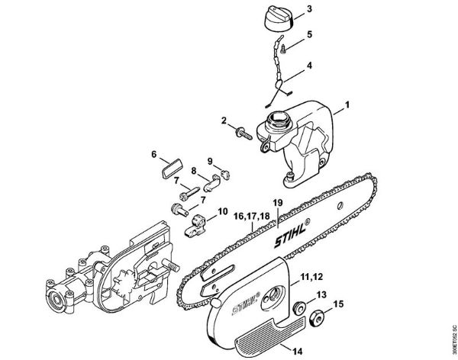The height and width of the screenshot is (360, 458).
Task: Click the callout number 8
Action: point(194,170)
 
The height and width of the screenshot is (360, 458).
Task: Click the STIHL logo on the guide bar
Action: point(287,236)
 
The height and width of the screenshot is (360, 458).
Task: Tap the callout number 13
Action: point(321,294)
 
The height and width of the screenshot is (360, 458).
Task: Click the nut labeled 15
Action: point(316,316)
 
